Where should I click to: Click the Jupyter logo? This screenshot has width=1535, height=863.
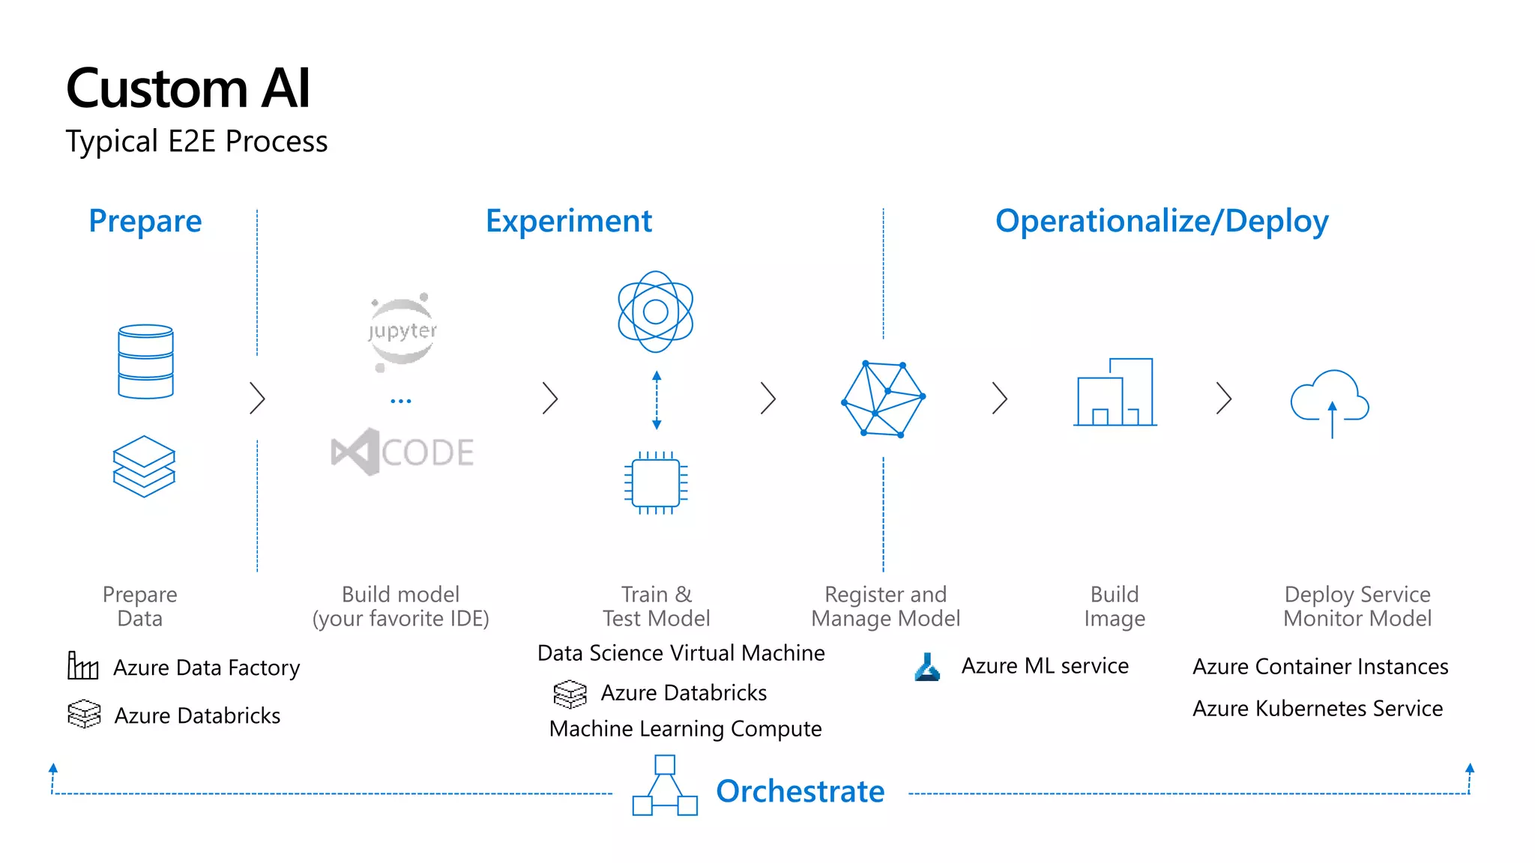[x=402, y=331]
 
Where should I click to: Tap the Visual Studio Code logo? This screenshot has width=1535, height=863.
[x=402, y=452]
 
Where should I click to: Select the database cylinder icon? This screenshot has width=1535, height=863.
[x=145, y=361]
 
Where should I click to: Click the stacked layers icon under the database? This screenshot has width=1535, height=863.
[x=144, y=466]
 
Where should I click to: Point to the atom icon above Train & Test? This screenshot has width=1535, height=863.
[x=655, y=312]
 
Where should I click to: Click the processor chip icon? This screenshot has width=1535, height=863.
[x=656, y=482]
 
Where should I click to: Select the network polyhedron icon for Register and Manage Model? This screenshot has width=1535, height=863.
[x=883, y=399]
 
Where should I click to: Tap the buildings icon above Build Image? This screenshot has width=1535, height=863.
[x=1115, y=393]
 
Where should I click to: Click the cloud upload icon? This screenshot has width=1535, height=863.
[x=1330, y=401]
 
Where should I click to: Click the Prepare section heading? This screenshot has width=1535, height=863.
[x=145, y=221]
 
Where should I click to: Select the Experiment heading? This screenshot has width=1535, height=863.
[x=569, y=221]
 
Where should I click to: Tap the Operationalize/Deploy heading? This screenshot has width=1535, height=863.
[x=1162, y=221]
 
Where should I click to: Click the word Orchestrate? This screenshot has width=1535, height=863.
[x=800, y=791]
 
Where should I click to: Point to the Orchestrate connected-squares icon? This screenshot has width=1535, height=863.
[x=665, y=786]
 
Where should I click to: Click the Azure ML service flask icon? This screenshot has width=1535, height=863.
[x=927, y=667]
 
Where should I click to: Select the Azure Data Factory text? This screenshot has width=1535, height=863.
[x=206, y=667]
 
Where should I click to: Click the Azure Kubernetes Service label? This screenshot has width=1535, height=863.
[x=1317, y=708]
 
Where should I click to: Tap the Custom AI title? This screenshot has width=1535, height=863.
[x=188, y=88]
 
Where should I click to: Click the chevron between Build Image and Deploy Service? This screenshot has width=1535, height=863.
[x=1223, y=398]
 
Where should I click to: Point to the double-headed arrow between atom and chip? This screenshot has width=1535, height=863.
[x=657, y=400]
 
